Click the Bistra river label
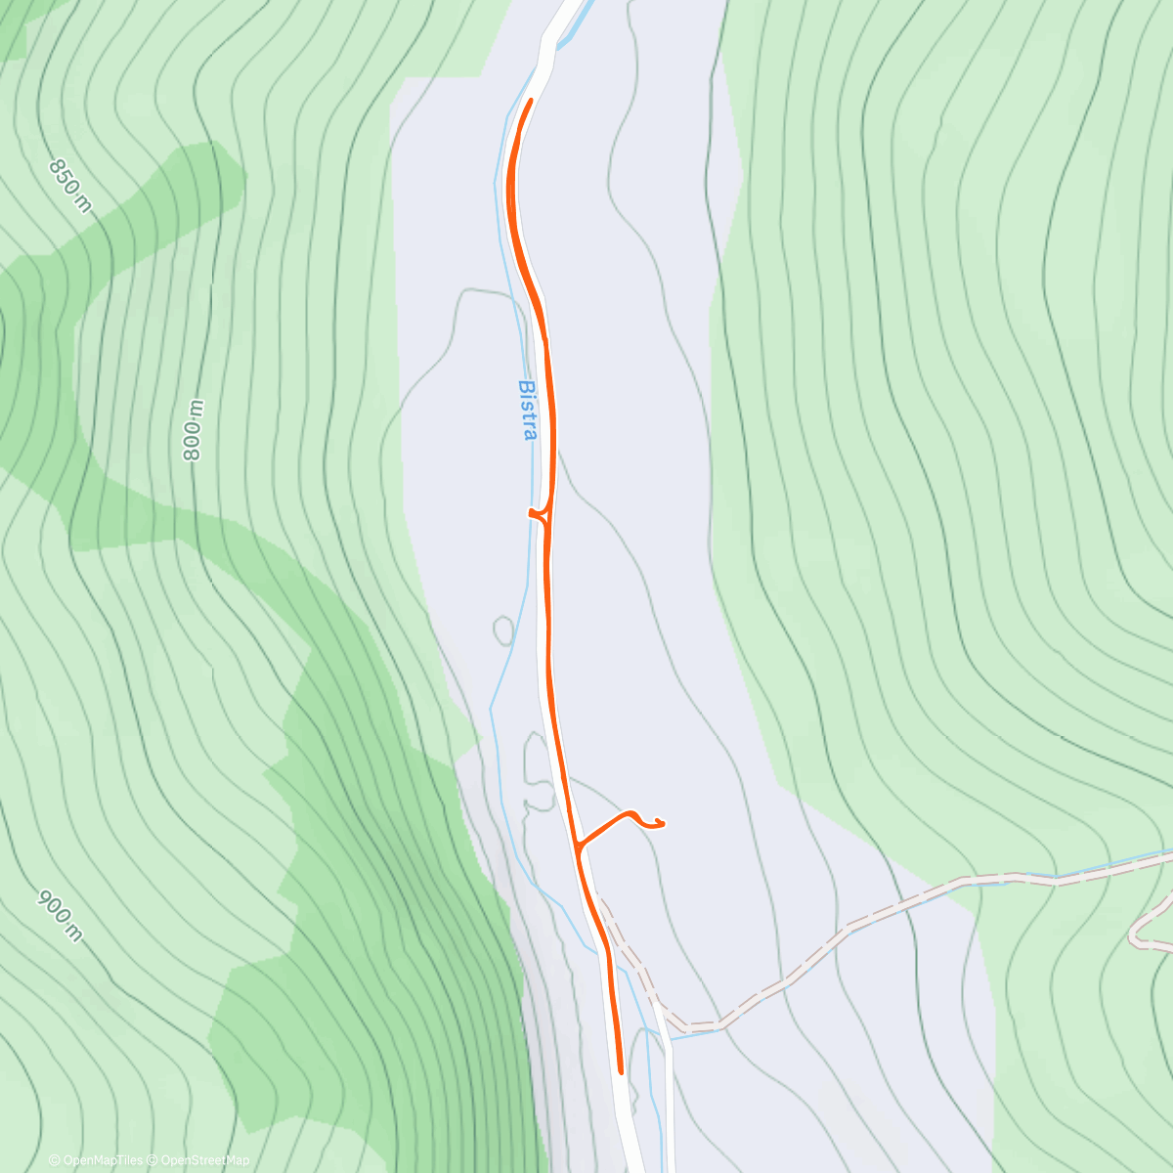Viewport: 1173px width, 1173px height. pos(528,410)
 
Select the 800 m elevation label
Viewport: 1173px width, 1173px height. pos(193,430)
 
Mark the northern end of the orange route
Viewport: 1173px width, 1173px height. pos(530,102)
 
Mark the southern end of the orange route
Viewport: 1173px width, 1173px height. pos(621,1071)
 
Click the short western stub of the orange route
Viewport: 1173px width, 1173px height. pos(534,511)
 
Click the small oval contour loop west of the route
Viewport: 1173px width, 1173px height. pos(503,630)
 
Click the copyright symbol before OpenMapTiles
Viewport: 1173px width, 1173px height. pos(55,1160)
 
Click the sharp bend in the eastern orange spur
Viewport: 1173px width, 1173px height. pos(633,813)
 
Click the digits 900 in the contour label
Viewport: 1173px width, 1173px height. pos(52,906)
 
